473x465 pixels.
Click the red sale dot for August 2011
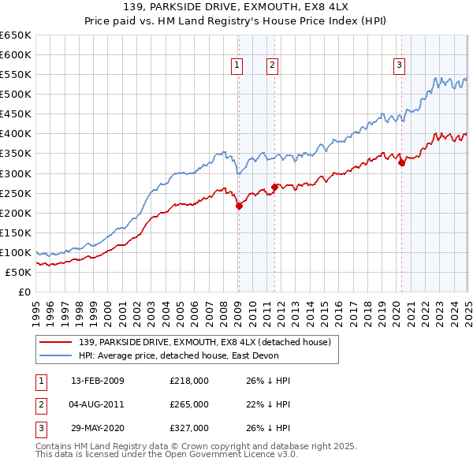(274, 187)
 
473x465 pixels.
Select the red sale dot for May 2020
(401, 162)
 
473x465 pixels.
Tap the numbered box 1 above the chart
(237, 65)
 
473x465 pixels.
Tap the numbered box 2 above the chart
(272, 65)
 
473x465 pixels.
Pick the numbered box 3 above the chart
(400, 65)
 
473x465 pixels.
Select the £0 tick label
(23, 292)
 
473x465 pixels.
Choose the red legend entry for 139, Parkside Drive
(209, 342)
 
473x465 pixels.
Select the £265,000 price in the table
(189, 404)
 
